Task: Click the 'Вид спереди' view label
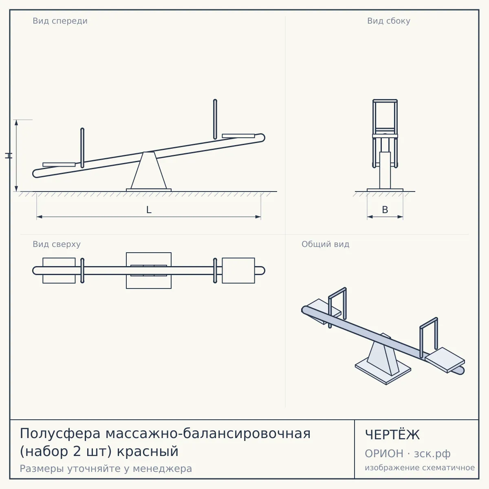[60, 21]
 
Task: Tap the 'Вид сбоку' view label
[388, 21]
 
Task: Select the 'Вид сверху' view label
[57, 244]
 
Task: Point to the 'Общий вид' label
[325, 244]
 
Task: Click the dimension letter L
[149, 210]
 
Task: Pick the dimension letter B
[385, 210]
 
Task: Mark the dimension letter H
[9, 156]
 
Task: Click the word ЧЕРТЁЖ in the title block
[392, 435]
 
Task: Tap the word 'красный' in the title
[148, 452]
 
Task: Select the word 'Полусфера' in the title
[60, 434]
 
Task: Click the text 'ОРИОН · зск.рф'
[407, 454]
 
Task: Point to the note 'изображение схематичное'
[420, 468]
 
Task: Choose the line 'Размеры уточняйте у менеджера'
[106, 469]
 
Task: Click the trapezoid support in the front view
[149, 170]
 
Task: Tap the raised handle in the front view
[215, 119]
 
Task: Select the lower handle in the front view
[82, 148]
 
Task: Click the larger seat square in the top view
[238, 271]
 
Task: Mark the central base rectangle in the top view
[149, 271]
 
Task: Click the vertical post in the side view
[385, 170]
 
